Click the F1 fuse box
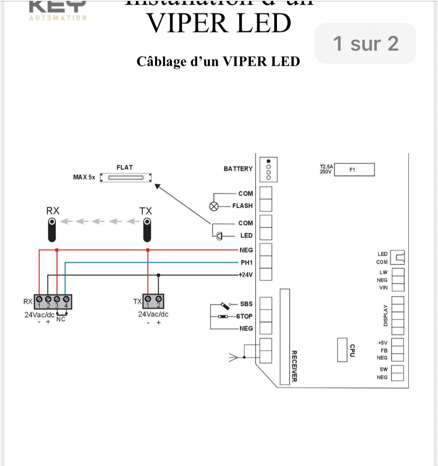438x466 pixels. [355, 170]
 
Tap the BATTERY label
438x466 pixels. [238, 169]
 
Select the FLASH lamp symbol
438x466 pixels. [214, 206]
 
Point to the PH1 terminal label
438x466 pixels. [246, 262]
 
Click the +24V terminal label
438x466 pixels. [245, 275]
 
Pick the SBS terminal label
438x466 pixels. [246, 304]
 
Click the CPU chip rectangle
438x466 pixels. [343, 350]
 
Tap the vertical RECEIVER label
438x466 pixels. [294, 366]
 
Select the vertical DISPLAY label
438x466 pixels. [386, 315]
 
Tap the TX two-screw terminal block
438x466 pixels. [153, 301]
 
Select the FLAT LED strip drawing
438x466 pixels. [125, 178]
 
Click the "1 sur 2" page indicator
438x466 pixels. [365, 43]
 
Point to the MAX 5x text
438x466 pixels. [84, 177]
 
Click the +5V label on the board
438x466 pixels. [382, 343]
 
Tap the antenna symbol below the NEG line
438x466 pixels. [234, 358]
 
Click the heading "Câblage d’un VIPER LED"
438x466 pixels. [218, 61]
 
